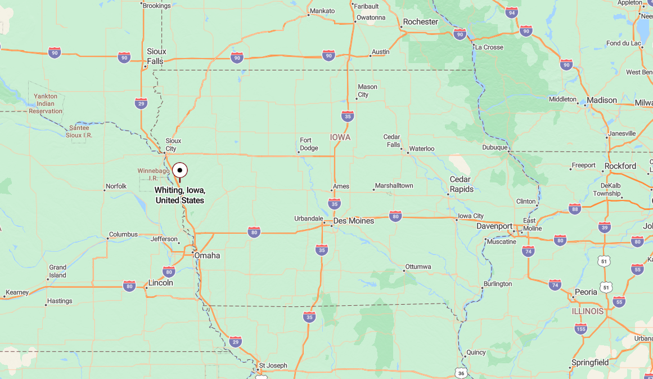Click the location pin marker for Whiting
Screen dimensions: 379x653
point(180,170)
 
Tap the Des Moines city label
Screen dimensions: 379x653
point(353,221)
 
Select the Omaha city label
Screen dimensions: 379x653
point(207,256)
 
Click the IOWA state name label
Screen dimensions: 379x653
point(340,137)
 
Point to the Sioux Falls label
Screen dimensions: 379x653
point(156,56)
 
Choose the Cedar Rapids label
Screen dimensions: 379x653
point(461,184)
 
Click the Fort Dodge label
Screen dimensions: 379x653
point(309,144)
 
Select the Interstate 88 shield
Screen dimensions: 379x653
point(574,209)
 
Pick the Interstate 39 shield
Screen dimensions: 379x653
point(605,227)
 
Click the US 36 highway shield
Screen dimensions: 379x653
point(461,373)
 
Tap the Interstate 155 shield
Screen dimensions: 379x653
point(581,328)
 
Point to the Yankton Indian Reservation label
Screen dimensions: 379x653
point(46,104)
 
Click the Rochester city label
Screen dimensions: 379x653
point(420,22)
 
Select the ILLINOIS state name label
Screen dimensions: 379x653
point(588,311)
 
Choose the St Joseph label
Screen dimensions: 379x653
point(273,365)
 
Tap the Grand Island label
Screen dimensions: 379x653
point(57,271)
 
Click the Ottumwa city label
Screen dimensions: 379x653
point(418,266)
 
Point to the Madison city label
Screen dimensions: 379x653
point(602,100)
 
